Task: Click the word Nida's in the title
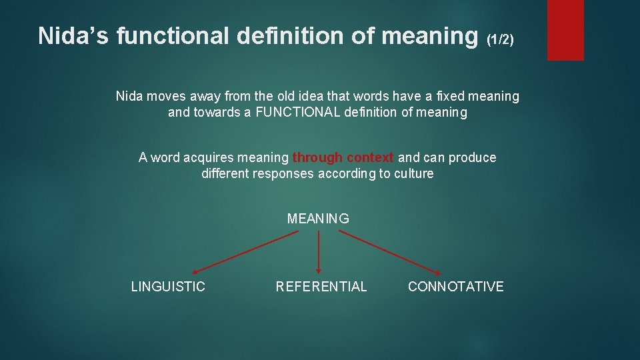click(74, 36)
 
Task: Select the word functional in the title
click(172, 36)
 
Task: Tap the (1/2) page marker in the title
click(500, 40)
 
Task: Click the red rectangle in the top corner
click(565, 30)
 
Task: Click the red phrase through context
click(343, 157)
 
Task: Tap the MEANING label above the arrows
click(318, 219)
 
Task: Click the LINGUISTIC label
click(168, 287)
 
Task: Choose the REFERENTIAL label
click(321, 287)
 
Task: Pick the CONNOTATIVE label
click(455, 287)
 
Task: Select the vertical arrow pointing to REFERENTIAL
click(318, 253)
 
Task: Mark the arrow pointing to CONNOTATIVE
click(390, 253)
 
